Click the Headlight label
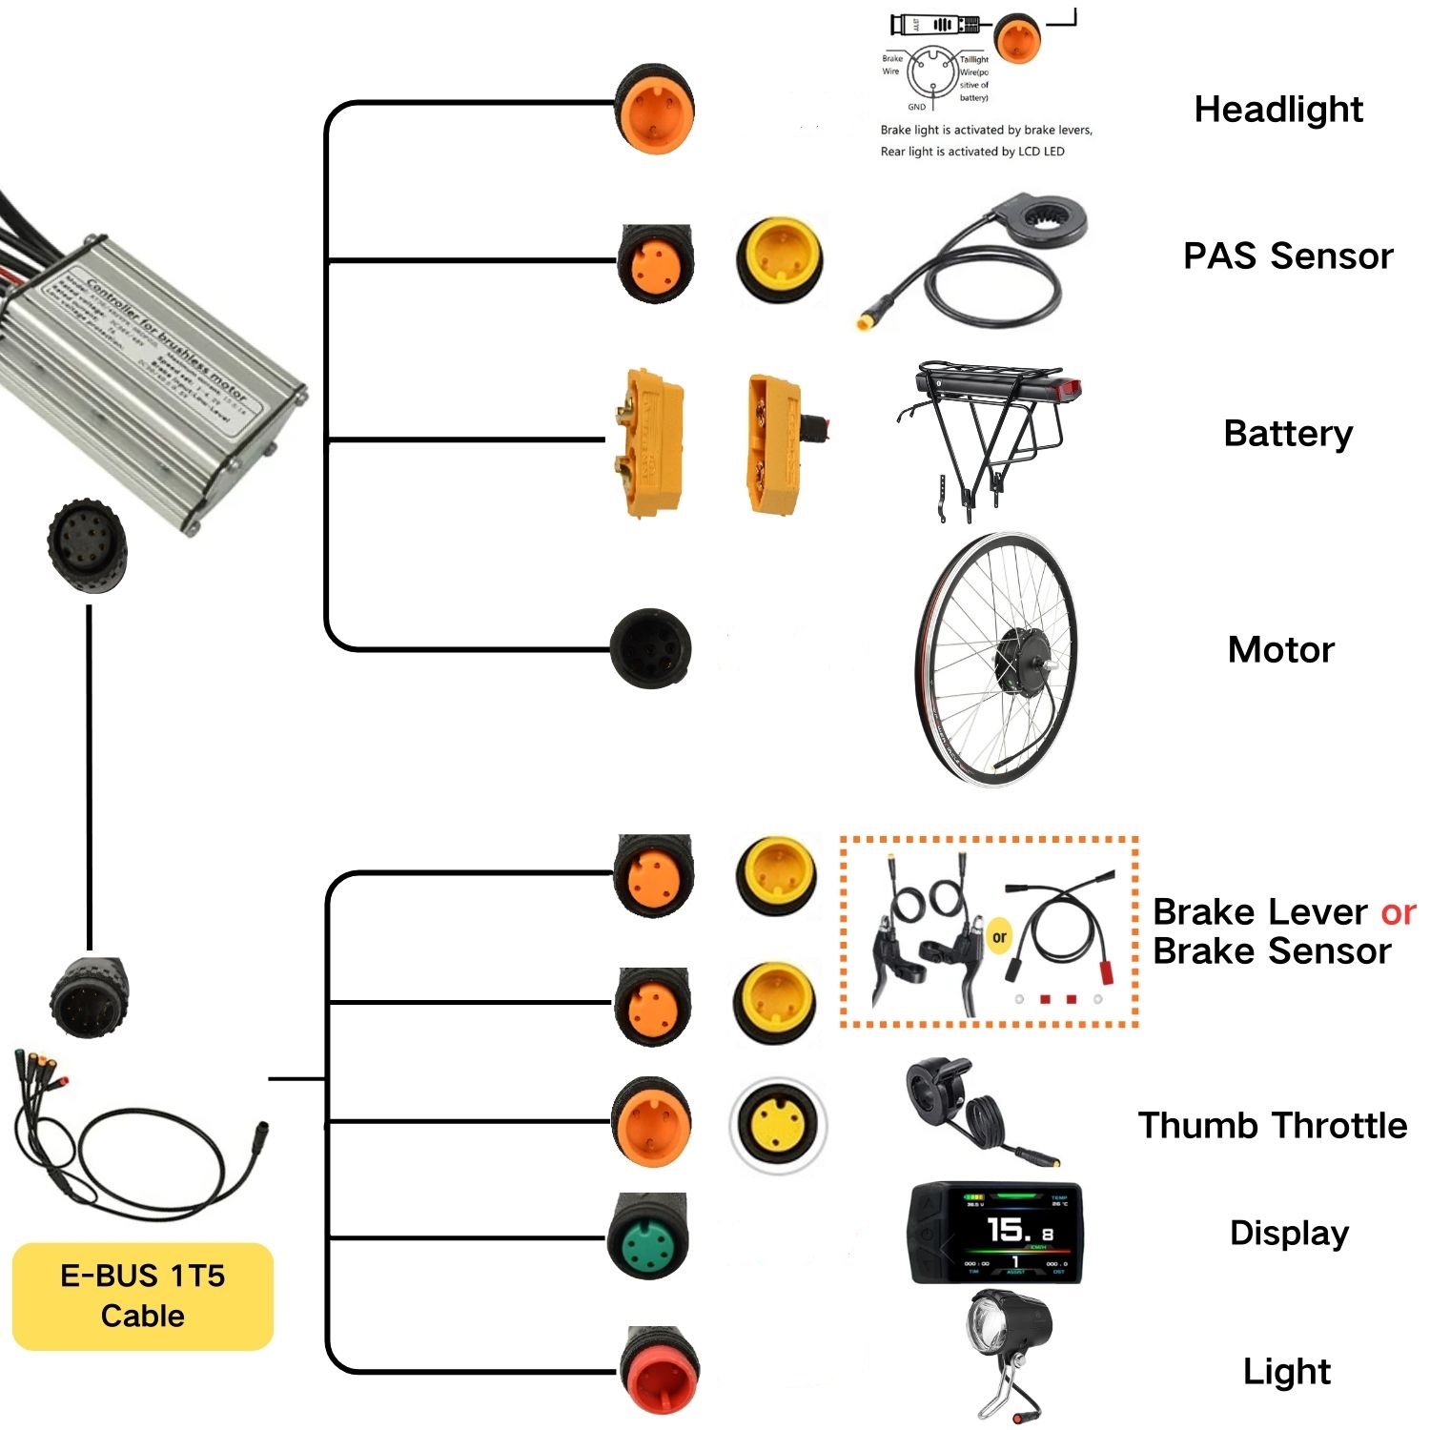point(1278,110)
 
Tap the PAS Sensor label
point(1288,256)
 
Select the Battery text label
point(1288,434)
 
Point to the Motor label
point(1281,650)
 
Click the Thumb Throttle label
point(1273,1126)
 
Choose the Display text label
point(1289,1233)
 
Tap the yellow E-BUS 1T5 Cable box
point(143,1297)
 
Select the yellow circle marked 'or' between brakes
point(999,936)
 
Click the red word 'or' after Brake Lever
point(1398,912)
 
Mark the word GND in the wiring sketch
point(916,107)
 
